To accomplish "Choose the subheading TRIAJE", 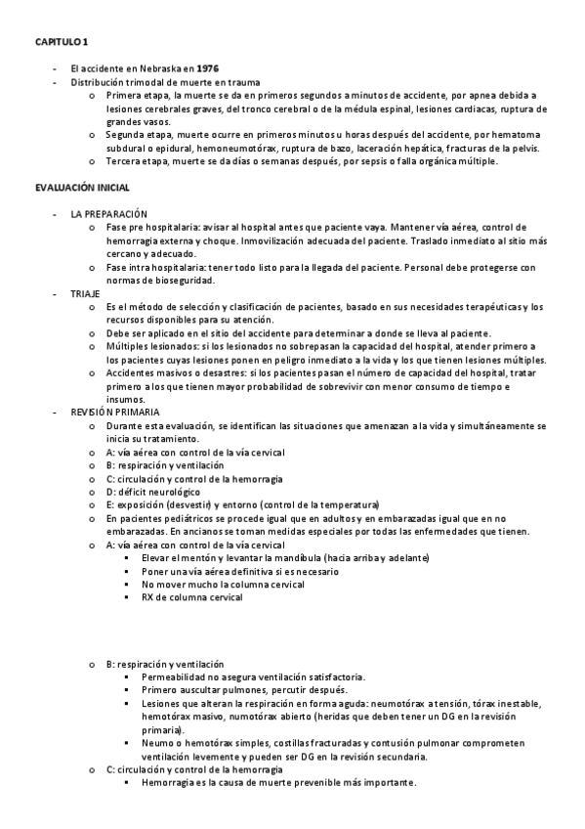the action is point(85,293).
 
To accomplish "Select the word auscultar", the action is point(214,690).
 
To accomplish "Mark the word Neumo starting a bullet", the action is point(156,743).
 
